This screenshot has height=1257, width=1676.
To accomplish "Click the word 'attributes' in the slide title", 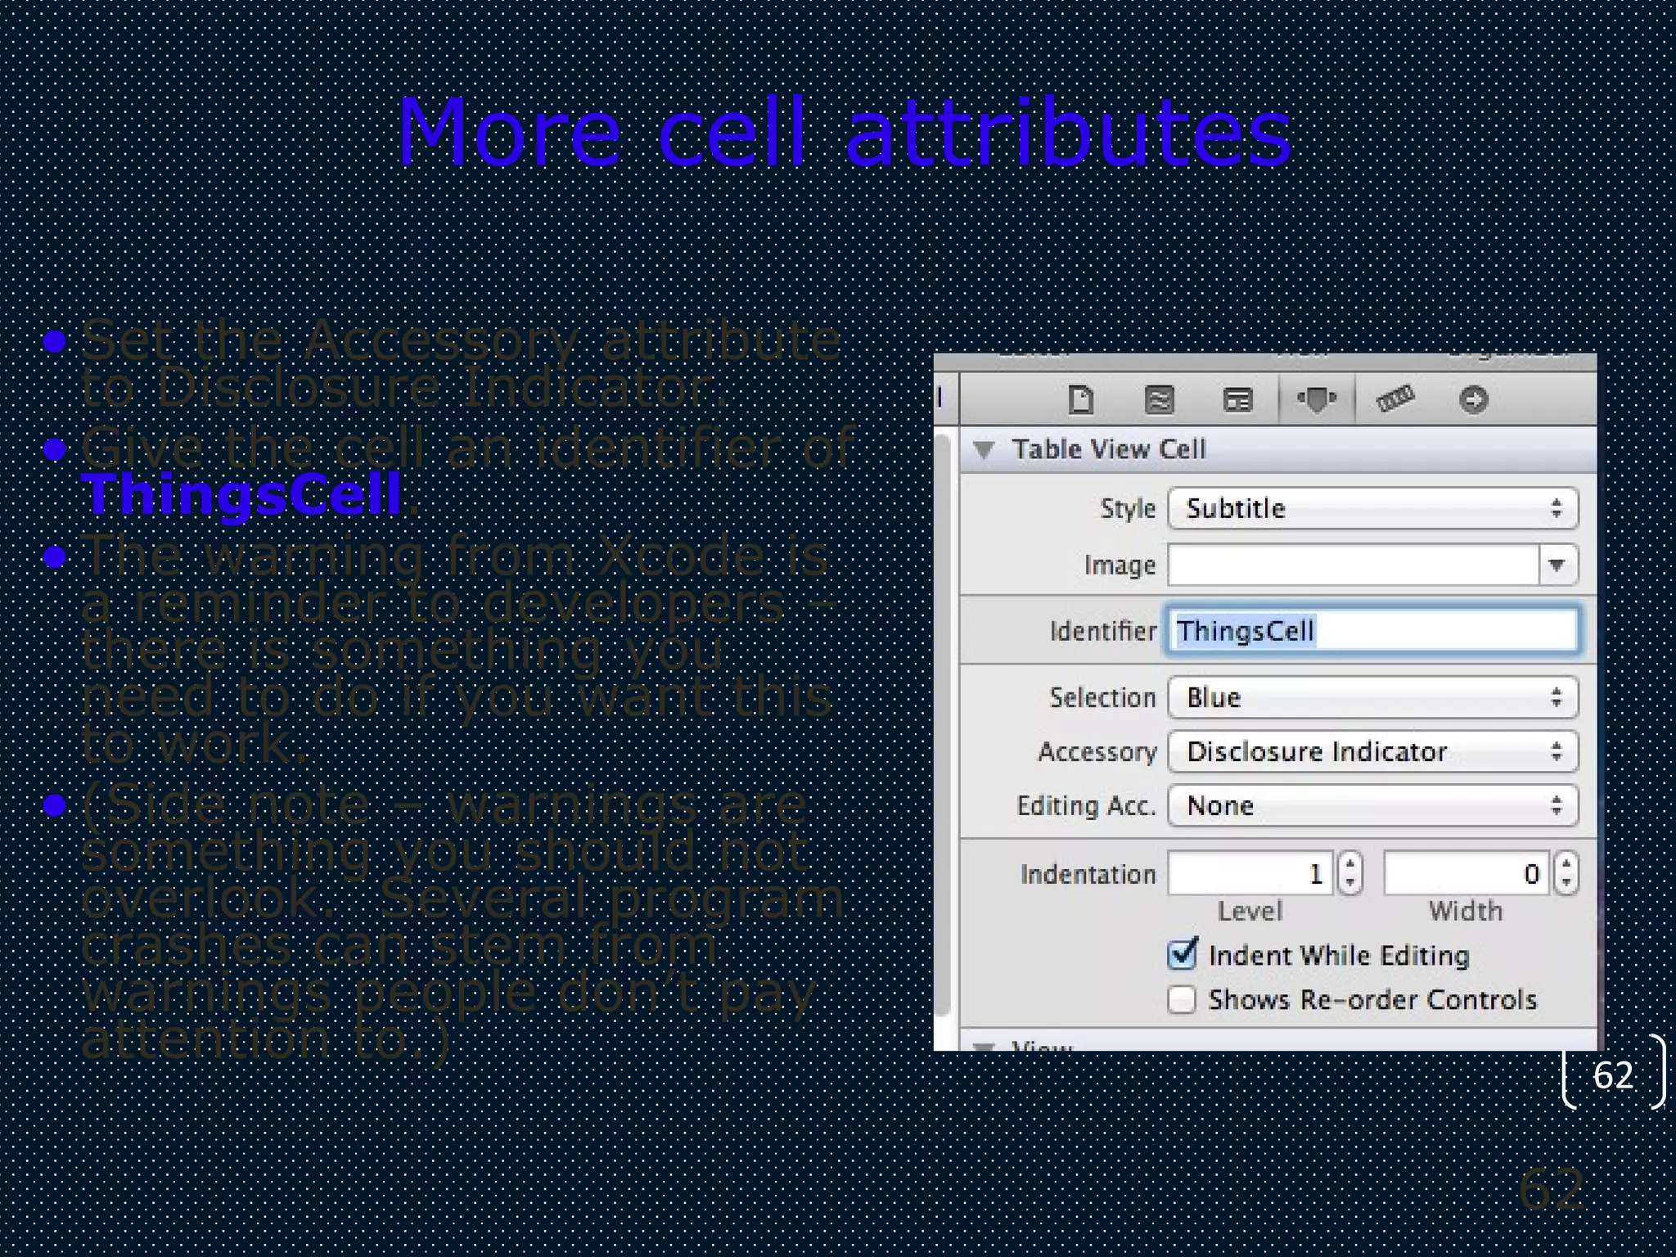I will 1068,133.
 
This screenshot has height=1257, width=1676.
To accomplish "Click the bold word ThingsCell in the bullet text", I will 242,495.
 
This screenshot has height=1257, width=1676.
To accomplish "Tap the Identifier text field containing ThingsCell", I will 1372,630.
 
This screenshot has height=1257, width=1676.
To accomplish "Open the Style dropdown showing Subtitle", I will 1372,508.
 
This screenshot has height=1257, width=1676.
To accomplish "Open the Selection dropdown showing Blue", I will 1372,697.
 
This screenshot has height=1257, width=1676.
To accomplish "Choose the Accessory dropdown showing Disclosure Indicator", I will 1372,751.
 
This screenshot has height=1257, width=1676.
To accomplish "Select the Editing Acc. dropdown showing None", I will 1372,805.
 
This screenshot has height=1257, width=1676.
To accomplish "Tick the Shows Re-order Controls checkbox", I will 1182,999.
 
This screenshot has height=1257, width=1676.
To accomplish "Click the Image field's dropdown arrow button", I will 1557,565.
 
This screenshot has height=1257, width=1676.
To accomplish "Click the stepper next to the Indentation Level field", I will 1350,873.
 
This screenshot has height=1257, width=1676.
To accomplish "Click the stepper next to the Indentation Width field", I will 1566,873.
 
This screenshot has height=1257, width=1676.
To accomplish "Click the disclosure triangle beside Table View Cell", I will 984,449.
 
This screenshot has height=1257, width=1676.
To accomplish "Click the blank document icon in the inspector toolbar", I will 1081,399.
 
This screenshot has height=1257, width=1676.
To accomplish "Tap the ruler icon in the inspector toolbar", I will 1394,399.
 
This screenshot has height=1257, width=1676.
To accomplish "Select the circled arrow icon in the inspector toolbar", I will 1473,399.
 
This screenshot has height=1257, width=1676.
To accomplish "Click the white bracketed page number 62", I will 1612,1075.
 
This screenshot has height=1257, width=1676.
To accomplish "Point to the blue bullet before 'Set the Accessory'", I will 55,341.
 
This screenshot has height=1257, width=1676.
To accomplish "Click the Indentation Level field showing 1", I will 1250,873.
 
